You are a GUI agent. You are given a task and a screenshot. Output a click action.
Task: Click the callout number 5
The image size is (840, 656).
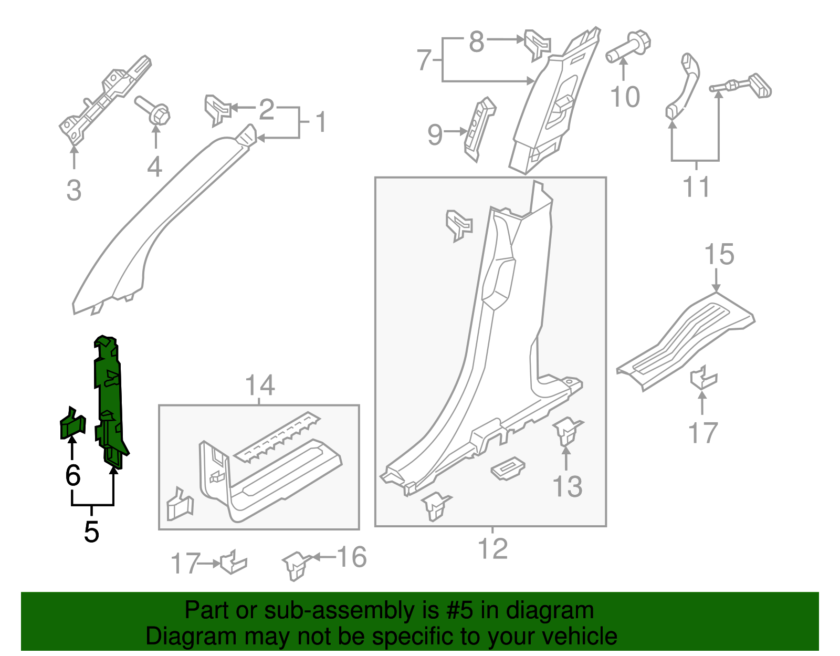point(91,532)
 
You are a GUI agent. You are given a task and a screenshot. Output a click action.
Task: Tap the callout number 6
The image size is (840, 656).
point(73,475)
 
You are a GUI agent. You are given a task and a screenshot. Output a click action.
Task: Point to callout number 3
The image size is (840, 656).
point(74,190)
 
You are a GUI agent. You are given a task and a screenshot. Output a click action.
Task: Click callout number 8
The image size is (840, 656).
point(476,41)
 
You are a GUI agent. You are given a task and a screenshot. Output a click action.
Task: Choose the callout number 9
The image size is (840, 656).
point(435,134)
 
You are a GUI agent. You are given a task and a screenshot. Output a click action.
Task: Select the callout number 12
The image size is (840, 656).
point(493,549)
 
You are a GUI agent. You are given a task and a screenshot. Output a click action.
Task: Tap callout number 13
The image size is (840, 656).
point(568,486)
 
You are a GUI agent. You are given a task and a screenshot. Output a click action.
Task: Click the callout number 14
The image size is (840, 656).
point(260,386)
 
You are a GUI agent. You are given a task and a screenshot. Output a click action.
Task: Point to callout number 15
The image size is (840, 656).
point(719,255)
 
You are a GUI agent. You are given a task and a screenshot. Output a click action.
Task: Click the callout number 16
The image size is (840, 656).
point(351,557)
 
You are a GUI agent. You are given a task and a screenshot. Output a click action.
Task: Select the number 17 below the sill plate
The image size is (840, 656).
point(702,433)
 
